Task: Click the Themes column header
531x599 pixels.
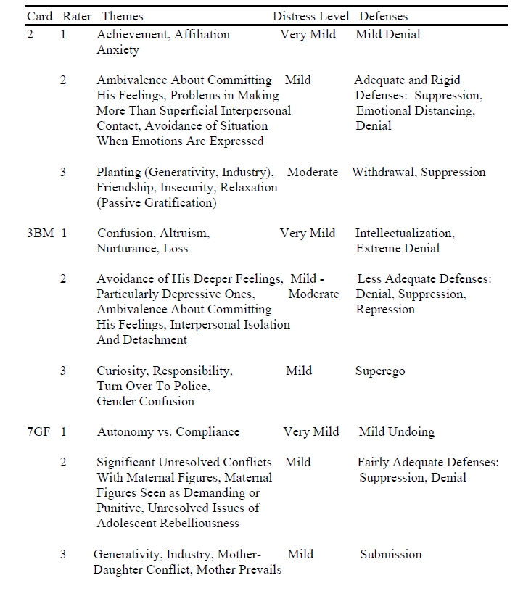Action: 123,16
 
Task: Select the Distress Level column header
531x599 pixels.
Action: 310,16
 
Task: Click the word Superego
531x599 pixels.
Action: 380,371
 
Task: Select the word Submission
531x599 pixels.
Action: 391,554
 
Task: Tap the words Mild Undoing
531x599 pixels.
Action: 397,431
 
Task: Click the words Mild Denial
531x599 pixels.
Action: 388,34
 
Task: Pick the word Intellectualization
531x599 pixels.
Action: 405,234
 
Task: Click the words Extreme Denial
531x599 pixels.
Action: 398,249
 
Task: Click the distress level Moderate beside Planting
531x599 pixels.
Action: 313,172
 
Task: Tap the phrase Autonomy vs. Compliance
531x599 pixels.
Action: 168,431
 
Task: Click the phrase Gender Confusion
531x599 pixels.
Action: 146,401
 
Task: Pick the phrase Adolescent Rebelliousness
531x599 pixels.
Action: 168,523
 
